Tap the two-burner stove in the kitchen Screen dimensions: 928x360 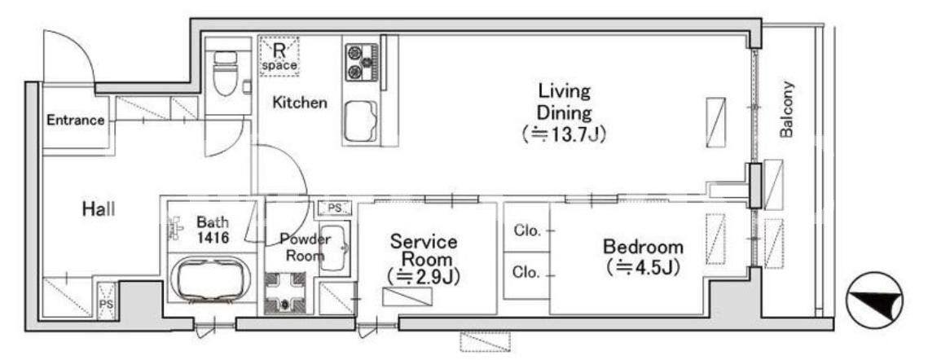click(x=361, y=62)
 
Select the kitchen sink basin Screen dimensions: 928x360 click(x=361, y=121)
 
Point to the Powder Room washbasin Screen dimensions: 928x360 click(x=334, y=248)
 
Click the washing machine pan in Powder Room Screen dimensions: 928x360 click(x=284, y=292)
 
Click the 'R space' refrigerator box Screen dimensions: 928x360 click(x=279, y=56)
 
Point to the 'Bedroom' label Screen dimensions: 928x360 click(x=643, y=246)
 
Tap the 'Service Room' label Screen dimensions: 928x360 click(x=423, y=251)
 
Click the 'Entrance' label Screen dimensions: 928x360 click(x=76, y=121)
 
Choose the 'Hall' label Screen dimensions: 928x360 click(x=99, y=209)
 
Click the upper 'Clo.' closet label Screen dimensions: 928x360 click(x=527, y=231)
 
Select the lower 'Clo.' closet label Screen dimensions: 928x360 click(x=527, y=273)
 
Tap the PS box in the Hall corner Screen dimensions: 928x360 click(x=107, y=301)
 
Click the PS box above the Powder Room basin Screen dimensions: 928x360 click(x=335, y=208)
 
